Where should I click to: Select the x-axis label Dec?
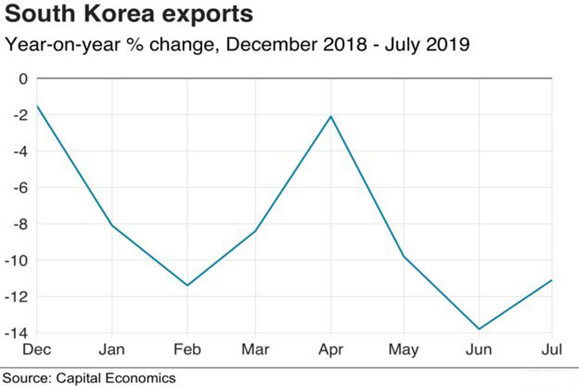click(x=37, y=349)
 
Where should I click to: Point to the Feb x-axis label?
click(x=187, y=349)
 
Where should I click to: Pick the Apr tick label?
click(x=331, y=350)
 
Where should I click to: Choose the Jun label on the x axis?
click(x=479, y=349)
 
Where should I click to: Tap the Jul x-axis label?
click(x=552, y=349)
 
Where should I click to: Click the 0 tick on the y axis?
click(x=24, y=79)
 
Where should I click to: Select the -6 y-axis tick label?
click(x=21, y=188)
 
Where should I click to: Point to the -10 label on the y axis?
click(x=18, y=261)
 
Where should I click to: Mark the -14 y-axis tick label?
click(x=18, y=333)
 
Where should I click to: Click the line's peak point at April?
click(x=331, y=116)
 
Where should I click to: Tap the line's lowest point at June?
click(x=479, y=329)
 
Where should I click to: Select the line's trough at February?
click(x=187, y=285)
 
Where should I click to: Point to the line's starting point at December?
click(x=37, y=106)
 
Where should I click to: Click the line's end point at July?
click(x=552, y=280)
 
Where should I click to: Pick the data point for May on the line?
click(x=405, y=257)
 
